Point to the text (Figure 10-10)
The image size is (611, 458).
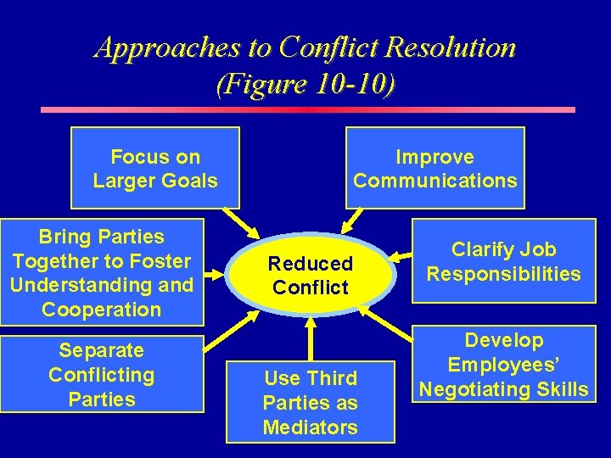tap(305, 85)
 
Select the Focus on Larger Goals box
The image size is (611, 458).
tap(155, 168)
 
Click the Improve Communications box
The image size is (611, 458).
tap(434, 168)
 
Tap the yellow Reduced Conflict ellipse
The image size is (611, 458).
tap(311, 275)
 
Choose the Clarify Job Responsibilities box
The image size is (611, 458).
tap(503, 261)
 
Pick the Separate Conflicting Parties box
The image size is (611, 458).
tap(101, 374)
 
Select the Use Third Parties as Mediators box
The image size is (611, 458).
tap(311, 401)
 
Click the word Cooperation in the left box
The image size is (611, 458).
tap(101, 310)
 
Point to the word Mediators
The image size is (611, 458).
tap(311, 427)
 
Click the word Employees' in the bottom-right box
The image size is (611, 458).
tap(504, 365)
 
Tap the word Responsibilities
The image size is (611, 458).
tap(503, 274)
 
